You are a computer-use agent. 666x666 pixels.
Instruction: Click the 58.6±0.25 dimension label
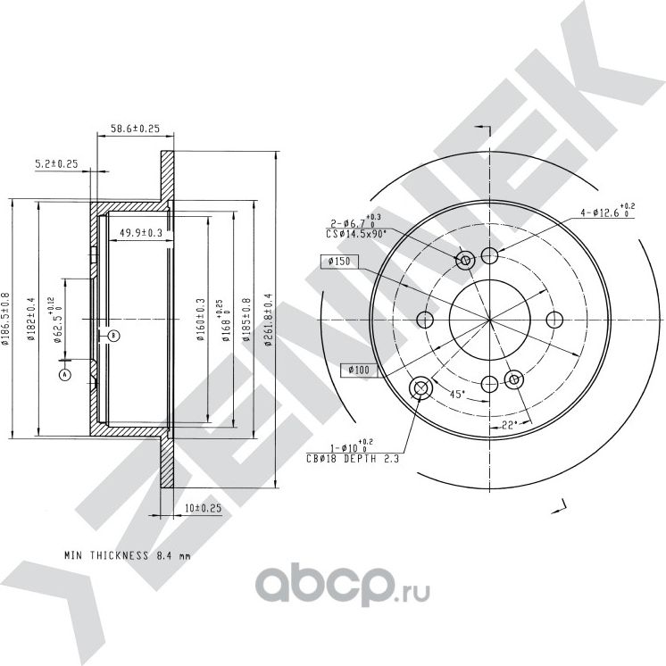coord(135,129)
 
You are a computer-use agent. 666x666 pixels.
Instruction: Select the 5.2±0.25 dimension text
coord(57,163)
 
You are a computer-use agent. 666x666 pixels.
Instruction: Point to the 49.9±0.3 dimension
coord(140,233)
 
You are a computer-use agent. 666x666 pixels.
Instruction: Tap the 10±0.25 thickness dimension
coord(203,507)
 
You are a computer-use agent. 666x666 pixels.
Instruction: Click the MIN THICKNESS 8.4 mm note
coord(128,554)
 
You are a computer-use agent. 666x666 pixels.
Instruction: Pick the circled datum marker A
coord(64,375)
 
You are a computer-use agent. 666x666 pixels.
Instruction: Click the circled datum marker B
coord(113,336)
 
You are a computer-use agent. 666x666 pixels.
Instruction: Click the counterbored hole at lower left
coord(420,389)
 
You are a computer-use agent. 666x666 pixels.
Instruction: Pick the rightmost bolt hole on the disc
coord(554,321)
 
